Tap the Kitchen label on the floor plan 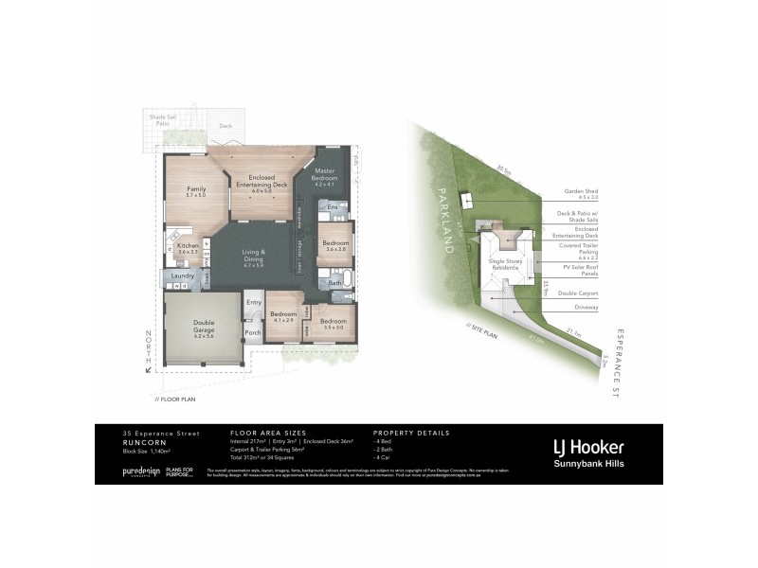coord(188,246)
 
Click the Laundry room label coord(182,275)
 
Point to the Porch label coord(253,332)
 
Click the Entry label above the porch coord(253,302)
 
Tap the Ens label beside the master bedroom coord(332,205)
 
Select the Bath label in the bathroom coord(335,283)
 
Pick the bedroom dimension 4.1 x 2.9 coord(284,320)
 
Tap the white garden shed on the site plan coord(464,200)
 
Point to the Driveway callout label coord(584,307)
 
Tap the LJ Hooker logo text coord(588,447)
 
